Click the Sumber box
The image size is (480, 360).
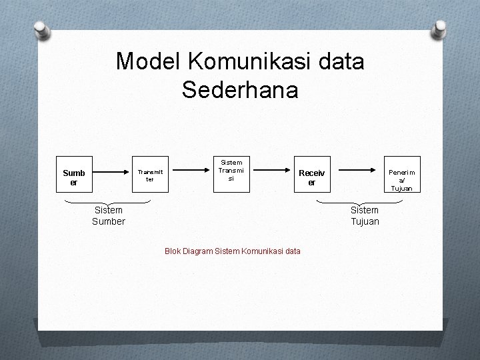(x=74, y=176)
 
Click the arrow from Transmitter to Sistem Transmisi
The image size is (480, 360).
(x=189, y=171)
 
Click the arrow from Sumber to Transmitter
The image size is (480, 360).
(x=109, y=176)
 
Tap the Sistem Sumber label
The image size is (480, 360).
(x=108, y=216)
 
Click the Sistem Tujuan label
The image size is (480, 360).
(x=365, y=216)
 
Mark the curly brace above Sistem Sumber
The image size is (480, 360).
(x=107, y=202)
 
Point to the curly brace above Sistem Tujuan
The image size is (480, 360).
(x=364, y=202)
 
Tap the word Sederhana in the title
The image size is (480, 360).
(x=240, y=90)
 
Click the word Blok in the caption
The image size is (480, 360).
(x=173, y=251)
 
